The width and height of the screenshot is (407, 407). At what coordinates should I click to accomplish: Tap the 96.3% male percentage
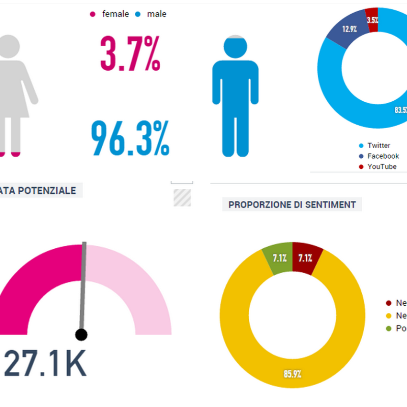(130, 138)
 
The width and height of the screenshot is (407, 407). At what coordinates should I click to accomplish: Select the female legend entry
(111, 14)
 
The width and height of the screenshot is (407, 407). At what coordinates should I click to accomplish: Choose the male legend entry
(152, 14)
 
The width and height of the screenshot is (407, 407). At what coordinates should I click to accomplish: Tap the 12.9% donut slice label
(350, 28)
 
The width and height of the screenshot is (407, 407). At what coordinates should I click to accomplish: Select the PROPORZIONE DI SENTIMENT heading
(292, 205)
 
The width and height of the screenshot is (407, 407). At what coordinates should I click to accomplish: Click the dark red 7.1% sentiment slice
(306, 258)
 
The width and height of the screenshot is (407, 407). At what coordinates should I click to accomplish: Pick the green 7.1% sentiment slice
(279, 258)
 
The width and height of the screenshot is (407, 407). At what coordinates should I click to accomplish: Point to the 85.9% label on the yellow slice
(293, 374)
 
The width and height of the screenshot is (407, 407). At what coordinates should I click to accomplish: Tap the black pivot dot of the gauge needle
(81, 334)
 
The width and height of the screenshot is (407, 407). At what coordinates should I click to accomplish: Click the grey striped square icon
(182, 197)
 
